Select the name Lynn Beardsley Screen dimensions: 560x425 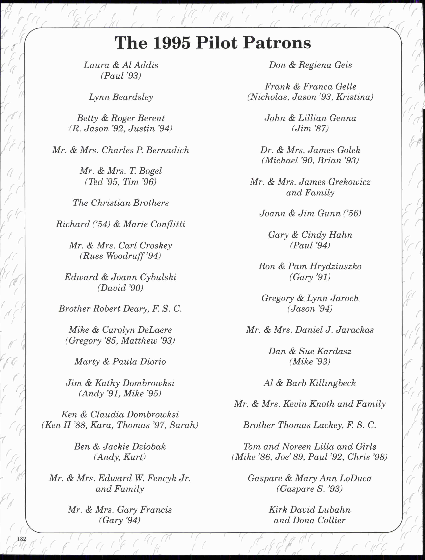point(121,97)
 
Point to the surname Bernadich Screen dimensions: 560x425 point(168,150)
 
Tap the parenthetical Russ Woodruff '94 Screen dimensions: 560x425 point(120,256)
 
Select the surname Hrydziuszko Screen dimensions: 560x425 point(336,266)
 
